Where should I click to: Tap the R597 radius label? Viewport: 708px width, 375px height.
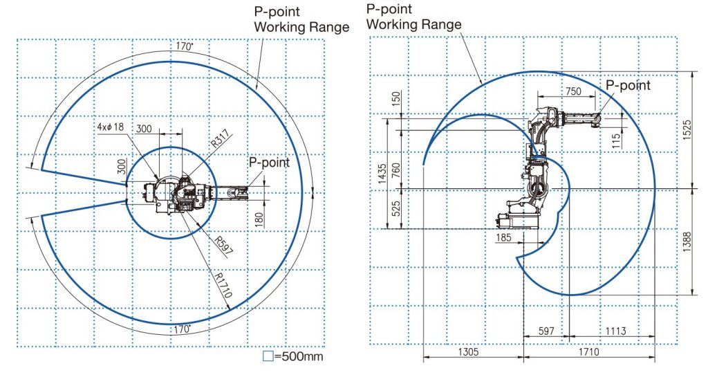pyautogui.click(x=223, y=245)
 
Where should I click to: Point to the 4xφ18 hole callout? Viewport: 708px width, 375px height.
pyautogui.click(x=111, y=127)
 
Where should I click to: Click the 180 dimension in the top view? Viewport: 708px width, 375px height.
pyautogui.click(x=259, y=220)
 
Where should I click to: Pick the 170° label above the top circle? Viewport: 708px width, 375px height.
pyautogui.click(x=184, y=46)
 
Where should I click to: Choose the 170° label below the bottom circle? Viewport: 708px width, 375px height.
pyautogui.click(x=183, y=329)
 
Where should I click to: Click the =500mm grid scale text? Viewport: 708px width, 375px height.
pyautogui.click(x=299, y=356)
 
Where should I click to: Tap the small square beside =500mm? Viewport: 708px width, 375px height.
pyautogui.click(x=268, y=356)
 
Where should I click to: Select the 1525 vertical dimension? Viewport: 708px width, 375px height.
pyautogui.click(x=687, y=129)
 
